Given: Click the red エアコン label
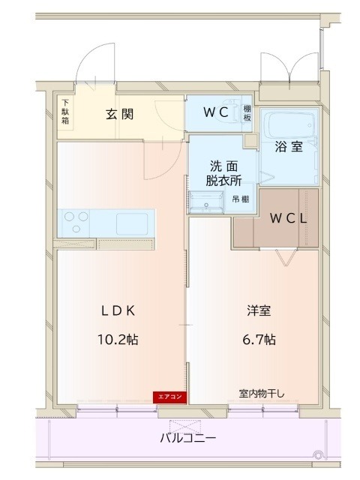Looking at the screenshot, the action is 169,397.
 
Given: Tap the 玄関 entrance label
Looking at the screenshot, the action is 120,114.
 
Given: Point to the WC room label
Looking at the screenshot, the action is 216,112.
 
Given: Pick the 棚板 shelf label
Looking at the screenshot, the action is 247,113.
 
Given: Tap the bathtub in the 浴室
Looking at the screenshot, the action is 289,125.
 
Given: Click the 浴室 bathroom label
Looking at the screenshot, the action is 289,147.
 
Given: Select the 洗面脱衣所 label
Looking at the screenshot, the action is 223,173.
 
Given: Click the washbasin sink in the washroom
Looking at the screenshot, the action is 206,202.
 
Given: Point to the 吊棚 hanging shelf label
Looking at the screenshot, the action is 241,199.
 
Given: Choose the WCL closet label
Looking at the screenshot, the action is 288,218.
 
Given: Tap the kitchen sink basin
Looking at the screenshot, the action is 132,223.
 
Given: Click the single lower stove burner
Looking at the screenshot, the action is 76,229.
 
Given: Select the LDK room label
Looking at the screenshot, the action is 118,311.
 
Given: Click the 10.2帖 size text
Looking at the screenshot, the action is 118,340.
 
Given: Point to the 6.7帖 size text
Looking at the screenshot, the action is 259,340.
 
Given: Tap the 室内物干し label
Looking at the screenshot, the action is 262,394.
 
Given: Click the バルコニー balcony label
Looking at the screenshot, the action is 188,438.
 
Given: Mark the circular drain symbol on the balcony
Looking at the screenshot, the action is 318,455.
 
